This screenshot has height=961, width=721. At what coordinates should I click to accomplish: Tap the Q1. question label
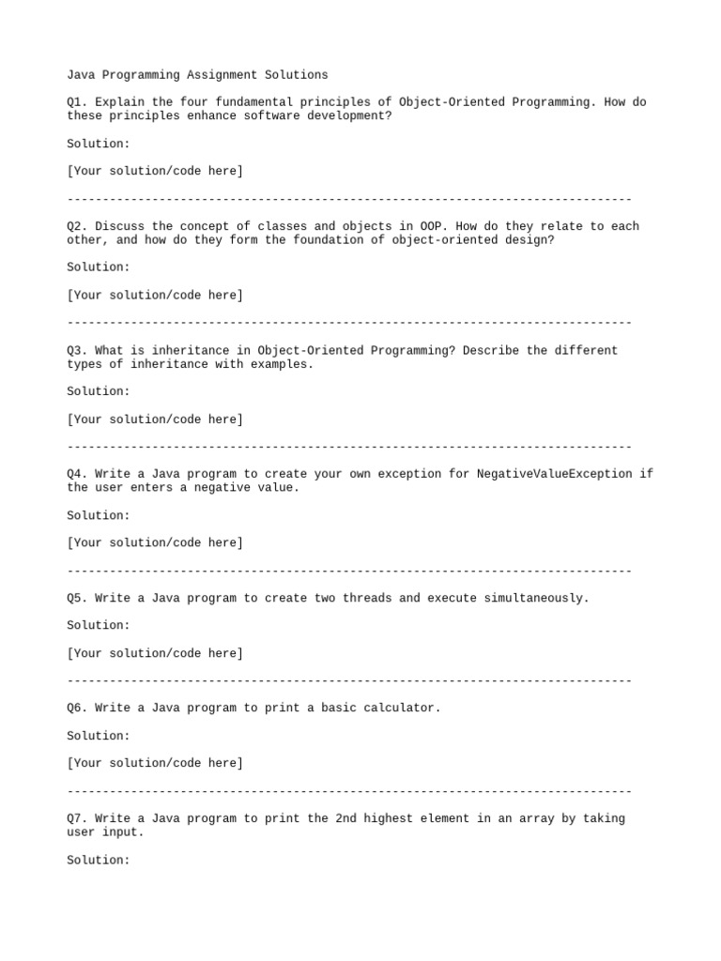click(x=78, y=101)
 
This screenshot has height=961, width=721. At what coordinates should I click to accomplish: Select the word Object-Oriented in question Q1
click(x=451, y=101)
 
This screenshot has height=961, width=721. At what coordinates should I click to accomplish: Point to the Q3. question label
click(x=78, y=350)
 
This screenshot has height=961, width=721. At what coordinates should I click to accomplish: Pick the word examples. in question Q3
click(x=282, y=364)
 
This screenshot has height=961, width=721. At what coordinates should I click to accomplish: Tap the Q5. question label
click(x=78, y=598)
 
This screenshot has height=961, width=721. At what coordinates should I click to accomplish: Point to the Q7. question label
click(x=78, y=818)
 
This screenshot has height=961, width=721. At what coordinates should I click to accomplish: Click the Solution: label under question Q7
click(x=99, y=860)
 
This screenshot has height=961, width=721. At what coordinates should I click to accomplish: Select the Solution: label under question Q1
click(x=99, y=144)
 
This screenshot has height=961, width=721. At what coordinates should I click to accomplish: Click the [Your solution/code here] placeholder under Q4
click(x=155, y=542)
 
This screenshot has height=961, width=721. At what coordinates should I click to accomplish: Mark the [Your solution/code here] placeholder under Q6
click(x=155, y=763)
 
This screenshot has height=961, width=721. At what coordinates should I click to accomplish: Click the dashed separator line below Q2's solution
click(x=349, y=323)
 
